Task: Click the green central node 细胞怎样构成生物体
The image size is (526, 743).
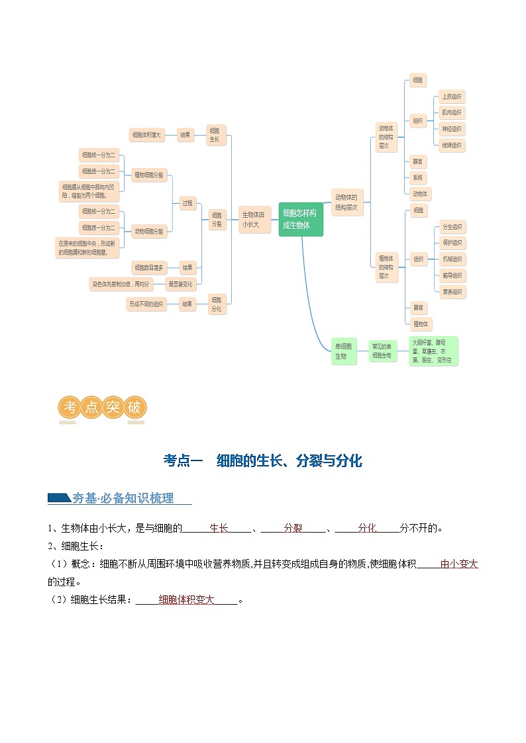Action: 300,219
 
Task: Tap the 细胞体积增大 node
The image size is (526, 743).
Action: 146,135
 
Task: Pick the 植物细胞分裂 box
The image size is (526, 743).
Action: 149,176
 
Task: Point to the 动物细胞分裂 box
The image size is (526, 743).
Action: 149,231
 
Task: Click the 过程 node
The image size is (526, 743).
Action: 187,203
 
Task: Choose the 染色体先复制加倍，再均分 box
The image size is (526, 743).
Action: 121,284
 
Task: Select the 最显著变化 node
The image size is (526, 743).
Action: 180,284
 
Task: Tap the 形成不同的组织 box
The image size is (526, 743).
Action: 146,304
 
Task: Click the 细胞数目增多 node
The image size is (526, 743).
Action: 148,267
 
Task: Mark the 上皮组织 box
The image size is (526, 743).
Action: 452,97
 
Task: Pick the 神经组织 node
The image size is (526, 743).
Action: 452,128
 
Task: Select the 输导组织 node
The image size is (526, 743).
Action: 452,275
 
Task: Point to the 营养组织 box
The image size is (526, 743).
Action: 452,292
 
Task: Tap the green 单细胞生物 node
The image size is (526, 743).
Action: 343,351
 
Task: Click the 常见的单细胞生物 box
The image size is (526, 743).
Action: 382,351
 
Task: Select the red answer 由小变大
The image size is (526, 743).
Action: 458,564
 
